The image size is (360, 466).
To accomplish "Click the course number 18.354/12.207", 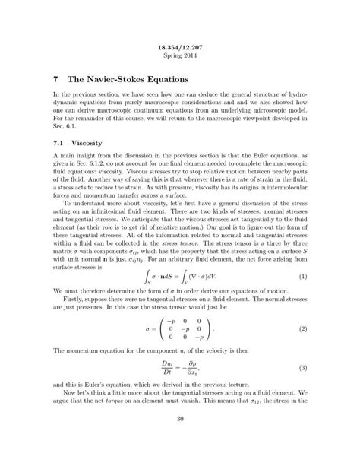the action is pos(180,47).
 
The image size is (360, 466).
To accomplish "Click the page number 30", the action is pos(180,439).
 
